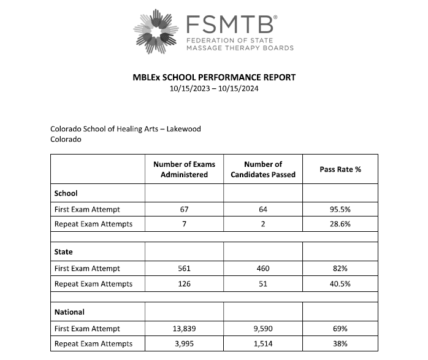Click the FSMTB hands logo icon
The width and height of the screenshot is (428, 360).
156,31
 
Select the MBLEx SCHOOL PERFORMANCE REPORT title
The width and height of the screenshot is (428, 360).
214,77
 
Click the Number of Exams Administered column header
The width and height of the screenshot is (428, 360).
184,169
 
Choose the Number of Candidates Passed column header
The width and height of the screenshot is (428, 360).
263,169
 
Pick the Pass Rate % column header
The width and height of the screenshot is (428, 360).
340,169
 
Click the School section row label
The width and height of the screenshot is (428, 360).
66,193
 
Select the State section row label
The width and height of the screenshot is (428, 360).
64,252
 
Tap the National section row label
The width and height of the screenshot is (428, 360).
69,312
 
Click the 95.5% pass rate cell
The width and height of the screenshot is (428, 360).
340,209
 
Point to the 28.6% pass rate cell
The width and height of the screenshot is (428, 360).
340,224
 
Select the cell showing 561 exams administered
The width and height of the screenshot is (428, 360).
184,268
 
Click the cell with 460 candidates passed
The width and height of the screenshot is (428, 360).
263,268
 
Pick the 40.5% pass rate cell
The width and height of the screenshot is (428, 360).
340,283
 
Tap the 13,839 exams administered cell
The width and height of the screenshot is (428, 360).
184,329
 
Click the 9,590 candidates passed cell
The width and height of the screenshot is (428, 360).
263,329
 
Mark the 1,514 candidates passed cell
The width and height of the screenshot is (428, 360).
263,343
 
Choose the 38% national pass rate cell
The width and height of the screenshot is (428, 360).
340,343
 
